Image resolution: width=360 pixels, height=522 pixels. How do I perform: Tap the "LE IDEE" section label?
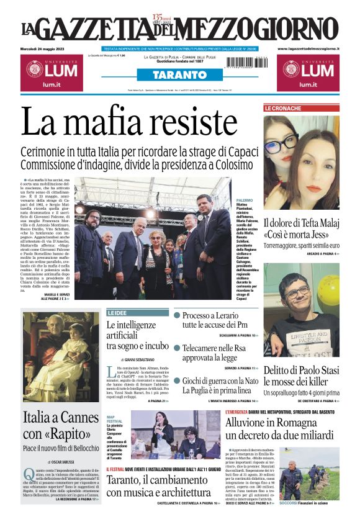pos(117,313)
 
